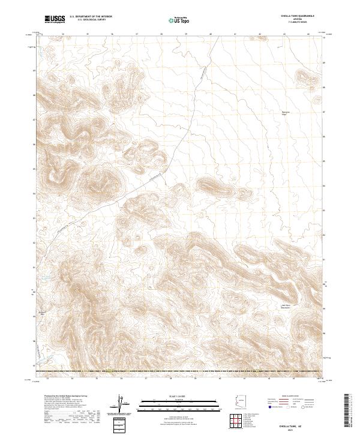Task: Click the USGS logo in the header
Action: click(52, 20)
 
